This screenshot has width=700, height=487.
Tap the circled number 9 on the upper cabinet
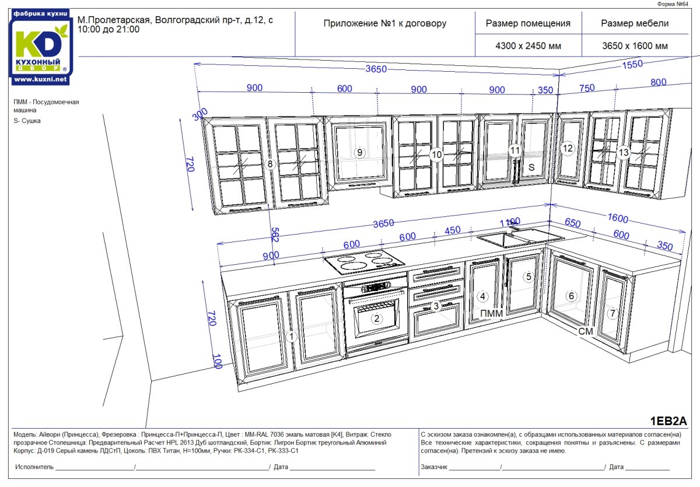360,153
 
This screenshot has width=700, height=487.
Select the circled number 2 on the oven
377,318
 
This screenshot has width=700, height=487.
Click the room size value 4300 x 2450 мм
527,46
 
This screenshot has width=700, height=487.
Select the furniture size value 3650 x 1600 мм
635,46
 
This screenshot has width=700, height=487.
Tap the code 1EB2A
668,421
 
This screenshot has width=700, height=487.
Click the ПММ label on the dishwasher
491,314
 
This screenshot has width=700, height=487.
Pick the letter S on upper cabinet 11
531,167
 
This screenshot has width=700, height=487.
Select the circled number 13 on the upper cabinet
624,153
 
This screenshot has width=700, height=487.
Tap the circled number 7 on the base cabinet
612,313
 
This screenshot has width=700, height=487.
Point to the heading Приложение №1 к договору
384,24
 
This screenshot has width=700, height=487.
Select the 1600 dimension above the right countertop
617,219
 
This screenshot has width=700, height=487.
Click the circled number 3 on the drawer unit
436,306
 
